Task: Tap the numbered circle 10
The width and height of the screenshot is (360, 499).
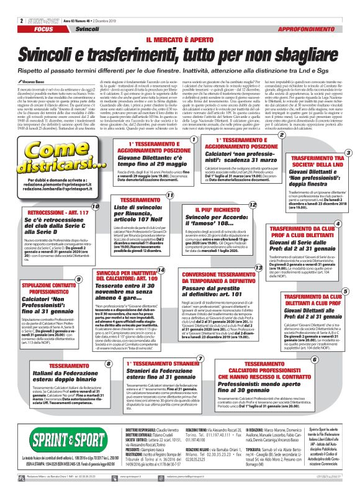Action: point(95,223)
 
